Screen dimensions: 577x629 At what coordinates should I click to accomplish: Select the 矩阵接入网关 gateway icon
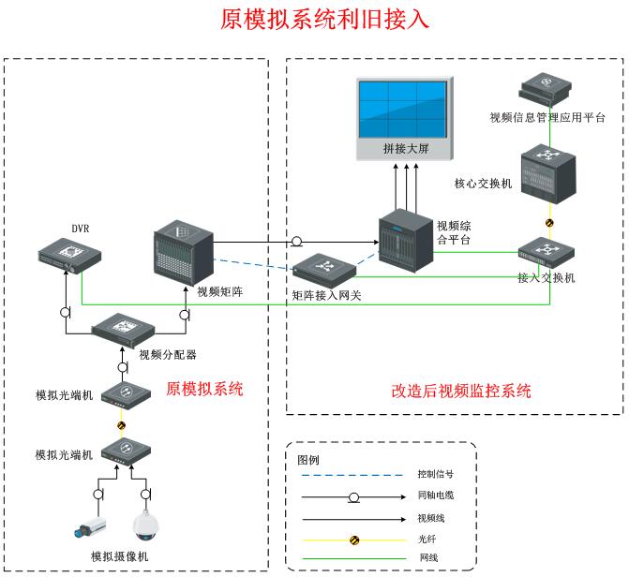coord(324,271)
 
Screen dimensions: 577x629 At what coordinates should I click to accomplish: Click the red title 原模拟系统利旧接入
coord(312,20)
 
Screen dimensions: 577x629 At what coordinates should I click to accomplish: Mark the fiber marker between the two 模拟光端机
coord(121,424)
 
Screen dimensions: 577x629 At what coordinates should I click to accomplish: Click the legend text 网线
coord(427,559)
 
